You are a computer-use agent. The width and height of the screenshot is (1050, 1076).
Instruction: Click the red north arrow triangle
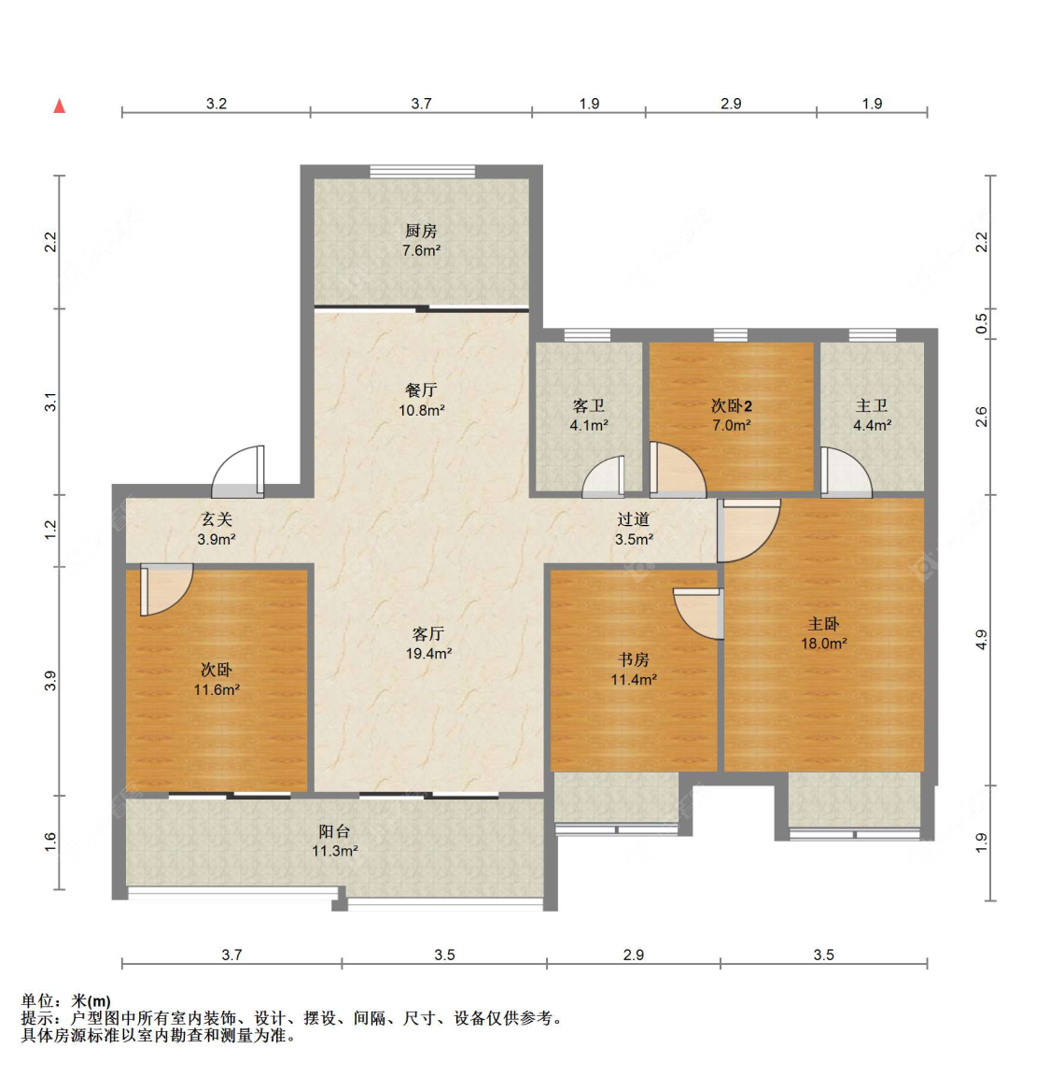pyautogui.click(x=60, y=106)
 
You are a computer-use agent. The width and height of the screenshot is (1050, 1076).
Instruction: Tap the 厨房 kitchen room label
pyautogui.click(x=421, y=232)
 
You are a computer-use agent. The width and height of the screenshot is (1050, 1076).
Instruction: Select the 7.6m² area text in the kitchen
pyautogui.click(x=421, y=251)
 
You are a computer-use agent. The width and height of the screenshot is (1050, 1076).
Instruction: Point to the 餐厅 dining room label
pyautogui.click(x=421, y=390)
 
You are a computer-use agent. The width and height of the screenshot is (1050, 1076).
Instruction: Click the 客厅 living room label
pyautogui.click(x=428, y=633)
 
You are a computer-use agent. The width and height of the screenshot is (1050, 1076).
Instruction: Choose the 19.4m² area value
pyautogui.click(x=428, y=654)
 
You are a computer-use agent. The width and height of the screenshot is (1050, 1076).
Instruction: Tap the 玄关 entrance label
pyautogui.click(x=217, y=519)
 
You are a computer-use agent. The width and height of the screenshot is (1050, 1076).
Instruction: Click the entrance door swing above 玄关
pyautogui.click(x=238, y=472)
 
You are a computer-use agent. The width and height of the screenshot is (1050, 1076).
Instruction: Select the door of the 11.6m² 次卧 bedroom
pyautogui.click(x=167, y=589)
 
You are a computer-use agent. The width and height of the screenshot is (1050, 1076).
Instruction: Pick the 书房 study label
pyautogui.click(x=633, y=660)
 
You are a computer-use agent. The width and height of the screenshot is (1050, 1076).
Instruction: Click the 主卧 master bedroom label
pyautogui.click(x=823, y=624)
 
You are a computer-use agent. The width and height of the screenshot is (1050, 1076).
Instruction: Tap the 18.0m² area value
pyautogui.click(x=824, y=644)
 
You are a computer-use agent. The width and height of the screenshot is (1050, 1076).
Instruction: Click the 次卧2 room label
pyautogui.click(x=731, y=405)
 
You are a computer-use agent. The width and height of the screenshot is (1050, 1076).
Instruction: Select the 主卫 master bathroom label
pyautogui.click(x=872, y=405)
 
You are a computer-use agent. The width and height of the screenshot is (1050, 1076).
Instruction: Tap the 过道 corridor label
pyautogui.click(x=633, y=519)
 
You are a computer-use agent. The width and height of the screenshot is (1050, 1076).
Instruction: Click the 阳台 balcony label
pyautogui.click(x=335, y=831)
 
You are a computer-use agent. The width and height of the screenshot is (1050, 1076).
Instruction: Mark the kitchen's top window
pyautogui.click(x=423, y=172)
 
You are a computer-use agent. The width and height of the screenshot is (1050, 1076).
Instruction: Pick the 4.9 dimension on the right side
pyautogui.click(x=982, y=640)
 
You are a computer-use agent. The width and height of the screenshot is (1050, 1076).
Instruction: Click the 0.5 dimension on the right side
pyautogui.click(x=982, y=323)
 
